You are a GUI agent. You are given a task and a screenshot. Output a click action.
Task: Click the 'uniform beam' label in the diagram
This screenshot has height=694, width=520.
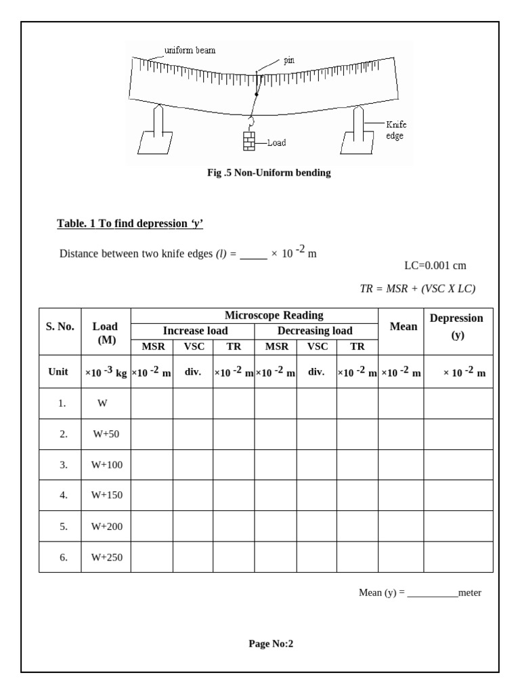pyautogui.click(x=190, y=50)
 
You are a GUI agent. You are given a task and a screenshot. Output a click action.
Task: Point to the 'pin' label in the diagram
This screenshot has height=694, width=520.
pyautogui.click(x=289, y=60)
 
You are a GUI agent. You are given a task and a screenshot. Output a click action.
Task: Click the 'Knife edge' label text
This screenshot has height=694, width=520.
pyautogui.click(x=396, y=130)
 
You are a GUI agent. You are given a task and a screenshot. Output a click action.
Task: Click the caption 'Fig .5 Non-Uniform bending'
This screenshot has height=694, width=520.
pyautogui.click(x=269, y=173)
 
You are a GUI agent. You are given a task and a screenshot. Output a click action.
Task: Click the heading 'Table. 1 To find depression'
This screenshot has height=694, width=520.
pyautogui.click(x=130, y=224)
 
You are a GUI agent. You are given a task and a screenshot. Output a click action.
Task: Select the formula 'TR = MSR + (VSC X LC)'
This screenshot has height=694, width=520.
pyautogui.click(x=418, y=289)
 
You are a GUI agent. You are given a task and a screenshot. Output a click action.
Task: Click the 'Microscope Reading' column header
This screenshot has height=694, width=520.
pyautogui.click(x=274, y=316)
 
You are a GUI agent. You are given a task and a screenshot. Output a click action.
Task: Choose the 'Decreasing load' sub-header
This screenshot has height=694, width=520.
pyautogui.click(x=315, y=331)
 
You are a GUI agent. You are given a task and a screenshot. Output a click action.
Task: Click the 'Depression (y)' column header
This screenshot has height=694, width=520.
pyautogui.click(x=457, y=326)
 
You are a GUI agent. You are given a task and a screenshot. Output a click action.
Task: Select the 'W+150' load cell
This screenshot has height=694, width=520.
pyautogui.click(x=106, y=495)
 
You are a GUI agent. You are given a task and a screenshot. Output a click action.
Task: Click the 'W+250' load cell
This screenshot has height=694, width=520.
pyautogui.click(x=106, y=557)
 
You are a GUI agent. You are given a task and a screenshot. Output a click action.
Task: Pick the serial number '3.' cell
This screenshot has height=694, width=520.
pyautogui.click(x=63, y=465)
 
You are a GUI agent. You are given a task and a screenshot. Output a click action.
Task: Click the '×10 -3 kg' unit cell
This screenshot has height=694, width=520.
pyautogui.click(x=106, y=373)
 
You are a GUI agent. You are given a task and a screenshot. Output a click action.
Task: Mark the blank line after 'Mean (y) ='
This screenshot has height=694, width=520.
pyautogui.click(x=433, y=594)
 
